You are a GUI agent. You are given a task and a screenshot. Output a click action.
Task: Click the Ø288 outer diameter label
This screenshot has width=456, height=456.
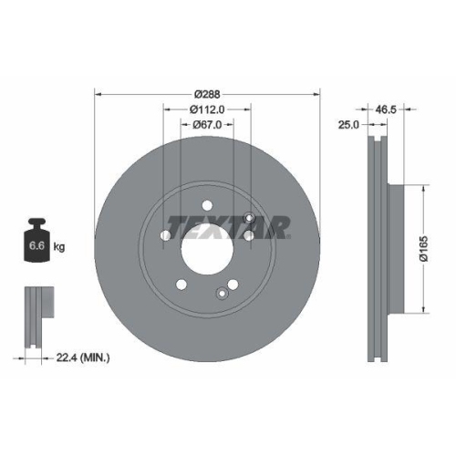(209, 93)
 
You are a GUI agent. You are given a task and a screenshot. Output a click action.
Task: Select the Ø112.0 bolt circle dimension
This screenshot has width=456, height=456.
(208, 109)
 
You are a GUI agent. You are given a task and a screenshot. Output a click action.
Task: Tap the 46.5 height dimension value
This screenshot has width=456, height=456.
(388, 109)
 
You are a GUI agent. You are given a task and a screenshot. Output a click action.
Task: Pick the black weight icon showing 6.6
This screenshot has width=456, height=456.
(37, 241)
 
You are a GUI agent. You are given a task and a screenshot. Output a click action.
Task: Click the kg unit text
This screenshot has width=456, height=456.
(59, 246)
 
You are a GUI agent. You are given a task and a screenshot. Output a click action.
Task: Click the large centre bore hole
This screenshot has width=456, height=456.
(208, 249)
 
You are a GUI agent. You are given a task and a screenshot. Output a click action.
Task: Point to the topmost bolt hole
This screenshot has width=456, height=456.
(208, 204)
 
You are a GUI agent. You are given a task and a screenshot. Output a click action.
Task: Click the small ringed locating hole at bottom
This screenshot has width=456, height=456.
(222, 293)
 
